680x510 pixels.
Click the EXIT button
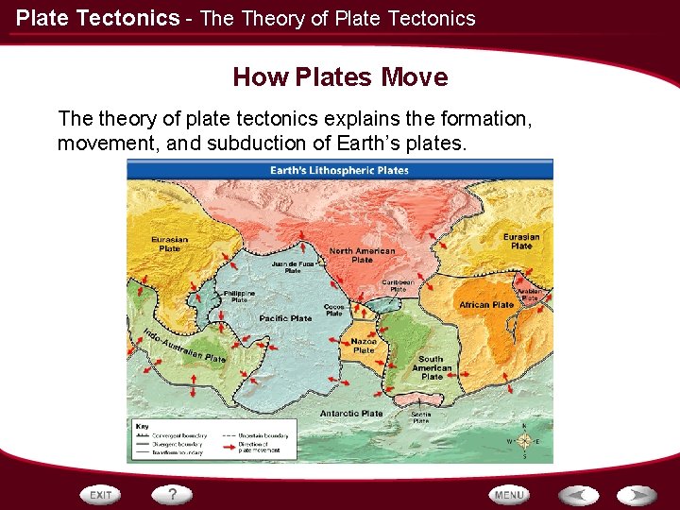click(101, 495)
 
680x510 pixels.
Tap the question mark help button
click(172, 494)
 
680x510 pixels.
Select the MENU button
click(509, 495)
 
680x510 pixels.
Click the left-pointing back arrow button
click(578, 495)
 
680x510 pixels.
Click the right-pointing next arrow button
click(637, 495)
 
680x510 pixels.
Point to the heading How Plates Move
click(340, 76)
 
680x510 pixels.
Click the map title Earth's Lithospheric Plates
click(340, 170)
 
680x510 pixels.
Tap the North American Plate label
click(362, 256)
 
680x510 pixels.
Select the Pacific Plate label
click(285, 318)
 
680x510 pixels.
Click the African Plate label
click(486, 305)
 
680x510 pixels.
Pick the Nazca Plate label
click(364, 346)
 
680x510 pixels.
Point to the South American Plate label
click(432, 367)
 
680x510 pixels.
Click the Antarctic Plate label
click(351, 413)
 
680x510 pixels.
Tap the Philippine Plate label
click(239, 297)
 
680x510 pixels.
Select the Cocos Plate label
click(333, 310)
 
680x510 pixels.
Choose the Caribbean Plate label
click(398, 285)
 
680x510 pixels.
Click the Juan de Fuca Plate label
click(293, 267)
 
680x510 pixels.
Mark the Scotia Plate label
click(421, 417)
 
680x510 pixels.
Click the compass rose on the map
click(524, 440)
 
